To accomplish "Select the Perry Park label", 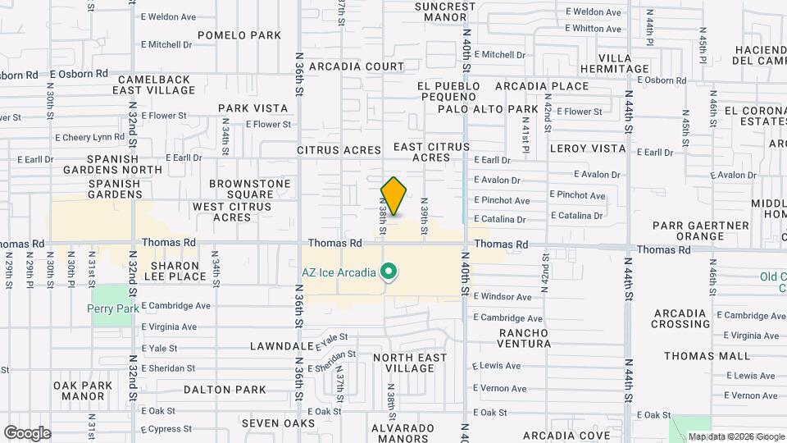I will tap(111, 309).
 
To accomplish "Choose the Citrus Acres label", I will tap(339, 150).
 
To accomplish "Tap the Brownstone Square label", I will tap(250, 189).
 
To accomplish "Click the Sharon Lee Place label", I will tap(175, 272).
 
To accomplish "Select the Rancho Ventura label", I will tap(525, 338).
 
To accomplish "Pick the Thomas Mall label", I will tap(707, 356).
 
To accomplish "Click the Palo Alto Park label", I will tap(487, 109).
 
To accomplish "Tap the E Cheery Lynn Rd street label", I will tap(89, 137).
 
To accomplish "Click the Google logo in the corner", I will tap(27, 432).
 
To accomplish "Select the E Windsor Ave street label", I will tap(502, 296).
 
